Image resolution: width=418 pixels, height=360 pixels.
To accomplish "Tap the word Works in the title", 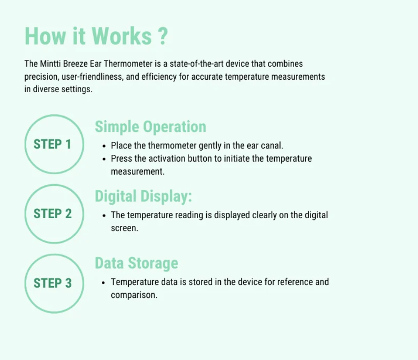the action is click(x=122, y=36).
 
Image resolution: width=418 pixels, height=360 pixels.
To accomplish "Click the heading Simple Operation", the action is click(x=150, y=127).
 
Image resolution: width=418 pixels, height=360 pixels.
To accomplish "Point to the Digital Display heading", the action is click(x=143, y=197).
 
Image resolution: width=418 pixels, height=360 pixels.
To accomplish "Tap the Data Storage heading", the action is click(x=136, y=263).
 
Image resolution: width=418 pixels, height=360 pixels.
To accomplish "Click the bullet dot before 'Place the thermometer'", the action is click(x=104, y=146).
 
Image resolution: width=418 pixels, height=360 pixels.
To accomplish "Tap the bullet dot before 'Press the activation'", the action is click(x=104, y=159).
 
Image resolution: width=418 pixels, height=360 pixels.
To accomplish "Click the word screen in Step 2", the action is click(x=124, y=228).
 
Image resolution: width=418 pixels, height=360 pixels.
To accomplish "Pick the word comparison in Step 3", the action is click(x=134, y=295).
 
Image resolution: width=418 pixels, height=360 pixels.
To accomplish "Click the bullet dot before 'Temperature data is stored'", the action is click(x=104, y=283).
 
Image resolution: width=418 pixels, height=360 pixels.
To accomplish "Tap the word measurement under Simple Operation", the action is click(x=137, y=172).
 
